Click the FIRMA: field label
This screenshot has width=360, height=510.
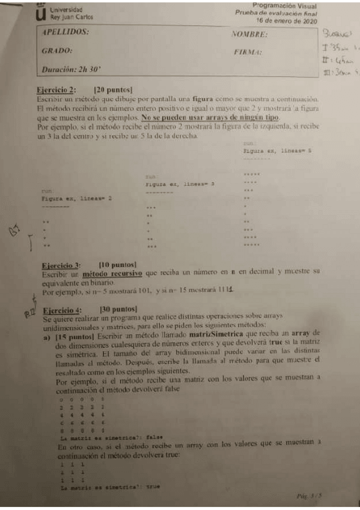(x=248, y=52)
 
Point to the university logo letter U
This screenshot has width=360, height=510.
(x=41, y=13)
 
